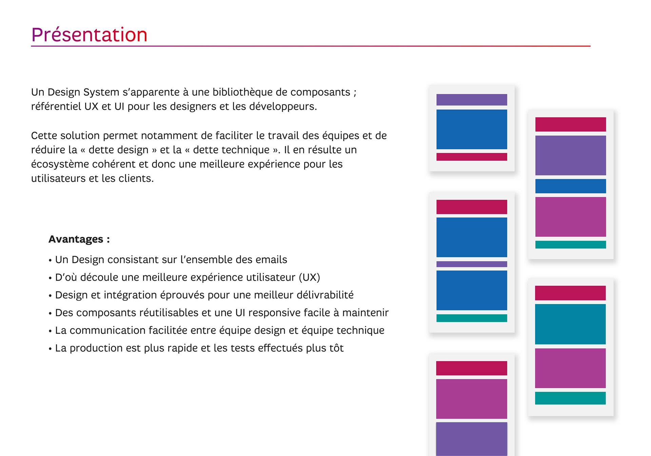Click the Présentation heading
tap(89, 35)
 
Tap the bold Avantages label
tap(79, 239)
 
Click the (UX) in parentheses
tap(309, 277)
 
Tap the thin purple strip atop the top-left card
tap(472, 100)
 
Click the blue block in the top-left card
tap(472, 129)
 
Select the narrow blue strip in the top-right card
tap(571, 186)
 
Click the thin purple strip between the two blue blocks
tap(472, 264)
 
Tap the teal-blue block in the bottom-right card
tap(570, 324)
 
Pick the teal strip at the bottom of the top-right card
tap(571, 245)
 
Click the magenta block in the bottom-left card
tap(472, 399)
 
